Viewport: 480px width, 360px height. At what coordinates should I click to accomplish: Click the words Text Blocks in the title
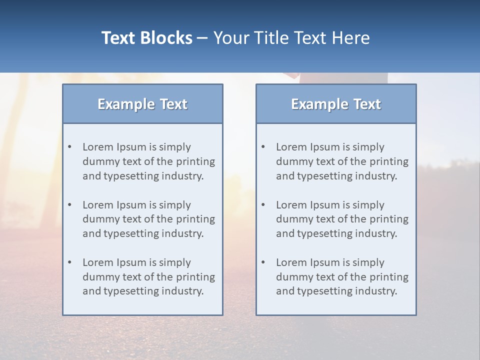coord(146,38)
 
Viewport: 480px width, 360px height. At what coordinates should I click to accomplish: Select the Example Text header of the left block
coord(142,104)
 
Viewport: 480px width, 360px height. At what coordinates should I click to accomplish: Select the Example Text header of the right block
coord(336,104)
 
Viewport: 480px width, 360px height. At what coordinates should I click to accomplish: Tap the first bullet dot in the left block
coord(70,147)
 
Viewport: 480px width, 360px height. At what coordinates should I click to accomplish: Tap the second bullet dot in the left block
coord(70,205)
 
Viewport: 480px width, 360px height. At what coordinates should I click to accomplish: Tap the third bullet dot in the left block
coord(70,262)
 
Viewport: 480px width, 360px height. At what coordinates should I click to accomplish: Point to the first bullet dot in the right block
coord(263,147)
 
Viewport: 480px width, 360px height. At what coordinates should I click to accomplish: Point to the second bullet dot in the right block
coord(263,205)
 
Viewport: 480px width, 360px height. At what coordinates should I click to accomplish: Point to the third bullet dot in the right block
coord(263,262)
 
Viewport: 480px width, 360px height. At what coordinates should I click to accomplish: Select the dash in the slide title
coord(202,38)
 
